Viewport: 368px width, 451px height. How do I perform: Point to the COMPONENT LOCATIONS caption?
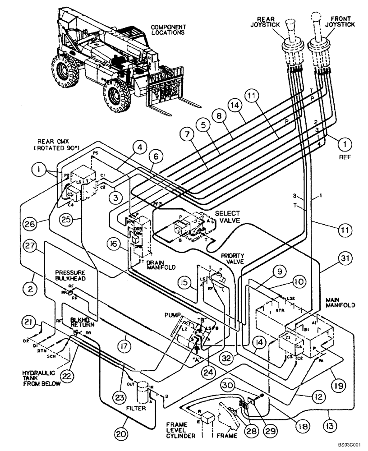168,30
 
